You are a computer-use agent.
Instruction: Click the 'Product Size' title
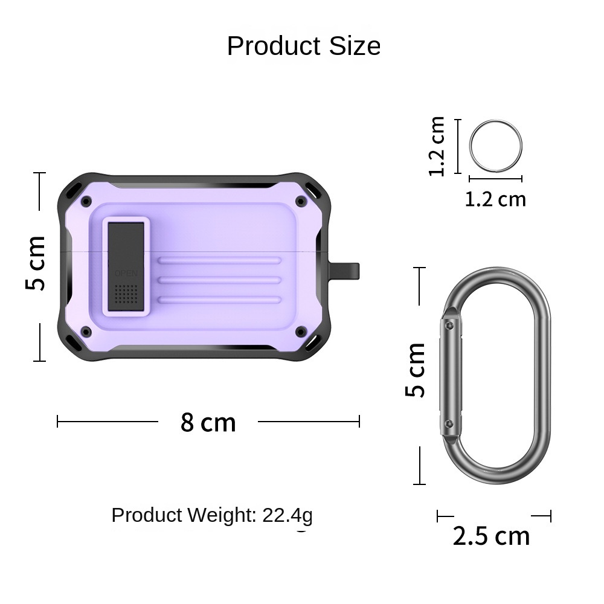point(304,46)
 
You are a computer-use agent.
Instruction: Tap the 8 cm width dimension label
point(208,422)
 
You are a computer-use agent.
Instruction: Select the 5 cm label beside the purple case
point(35,263)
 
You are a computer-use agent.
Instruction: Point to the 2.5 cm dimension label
point(491,536)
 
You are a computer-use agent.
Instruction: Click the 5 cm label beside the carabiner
point(416,370)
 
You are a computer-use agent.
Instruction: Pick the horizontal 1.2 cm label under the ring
point(495,199)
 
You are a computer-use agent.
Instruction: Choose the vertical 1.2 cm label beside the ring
point(437,146)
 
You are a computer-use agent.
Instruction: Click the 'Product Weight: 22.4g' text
point(212,515)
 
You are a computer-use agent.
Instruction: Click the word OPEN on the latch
point(126,274)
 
